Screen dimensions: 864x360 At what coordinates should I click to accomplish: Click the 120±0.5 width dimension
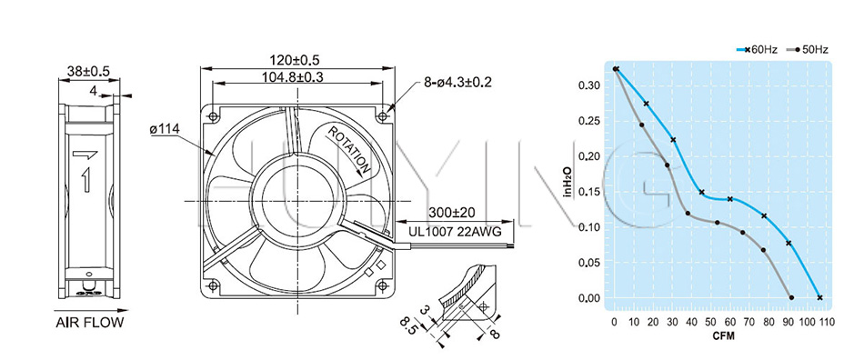[295, 59]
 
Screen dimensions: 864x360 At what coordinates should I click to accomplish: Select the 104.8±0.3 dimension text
[296, 77]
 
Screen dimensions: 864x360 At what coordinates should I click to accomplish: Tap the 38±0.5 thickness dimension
[89, 71]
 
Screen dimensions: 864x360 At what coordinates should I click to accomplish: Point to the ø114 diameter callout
[164, 129]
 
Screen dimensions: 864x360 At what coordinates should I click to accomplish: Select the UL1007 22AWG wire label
[455, 232]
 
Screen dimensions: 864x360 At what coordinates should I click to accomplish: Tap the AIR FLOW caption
[90, 323]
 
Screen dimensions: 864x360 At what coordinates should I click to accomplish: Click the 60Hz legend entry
[757, 49]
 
